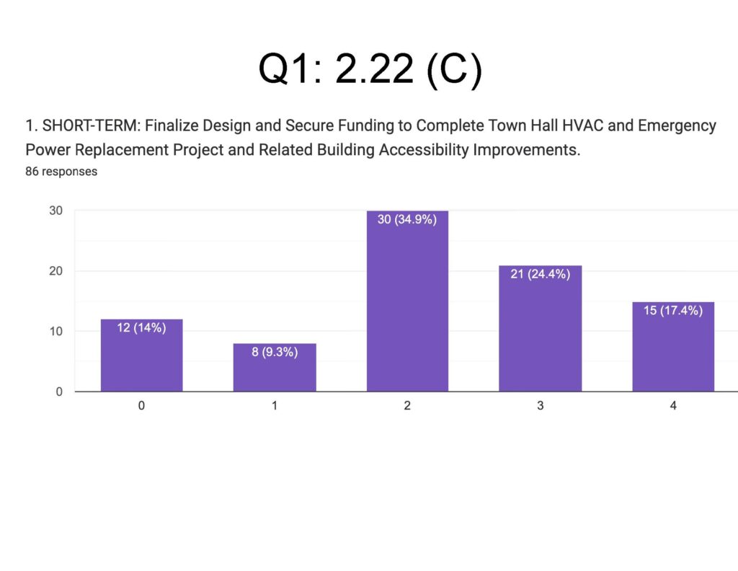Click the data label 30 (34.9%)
tap(407, 220)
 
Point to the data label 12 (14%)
tap(141, 328)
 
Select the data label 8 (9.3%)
tap(275, 353)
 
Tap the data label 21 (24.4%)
tap(541, 274)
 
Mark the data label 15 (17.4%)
tap(673, 311)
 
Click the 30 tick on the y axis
tap(56, 211)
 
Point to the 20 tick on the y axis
tap(56, 271)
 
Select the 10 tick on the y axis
tap(56, 332)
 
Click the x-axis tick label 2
tap(407, 406)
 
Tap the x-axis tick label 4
tap(673, 406)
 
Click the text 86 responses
tap(61, 172)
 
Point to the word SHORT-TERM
tap(83, 126)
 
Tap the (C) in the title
tap(453, 70)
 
